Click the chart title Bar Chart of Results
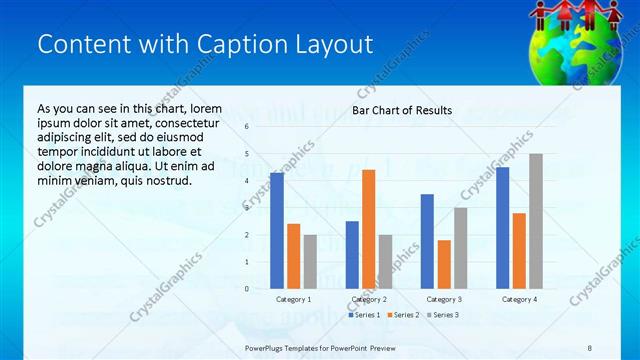coord(401,110)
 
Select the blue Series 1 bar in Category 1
coord(277,231)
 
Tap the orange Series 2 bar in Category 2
coord(368,229)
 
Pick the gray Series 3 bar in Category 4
coord(536,221)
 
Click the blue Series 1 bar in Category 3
coord(427,241)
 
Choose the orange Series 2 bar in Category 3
coord(444,264)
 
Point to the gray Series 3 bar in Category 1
coord(311,261)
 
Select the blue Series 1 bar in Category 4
coord(502,228)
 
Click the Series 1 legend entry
coord(364,315)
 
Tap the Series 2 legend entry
coord(403,315)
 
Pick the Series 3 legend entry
coord(442,315)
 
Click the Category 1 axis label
coord(294,299)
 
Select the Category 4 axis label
coord(519,299)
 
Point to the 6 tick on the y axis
coord(246,127)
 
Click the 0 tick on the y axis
coord(246,289)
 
